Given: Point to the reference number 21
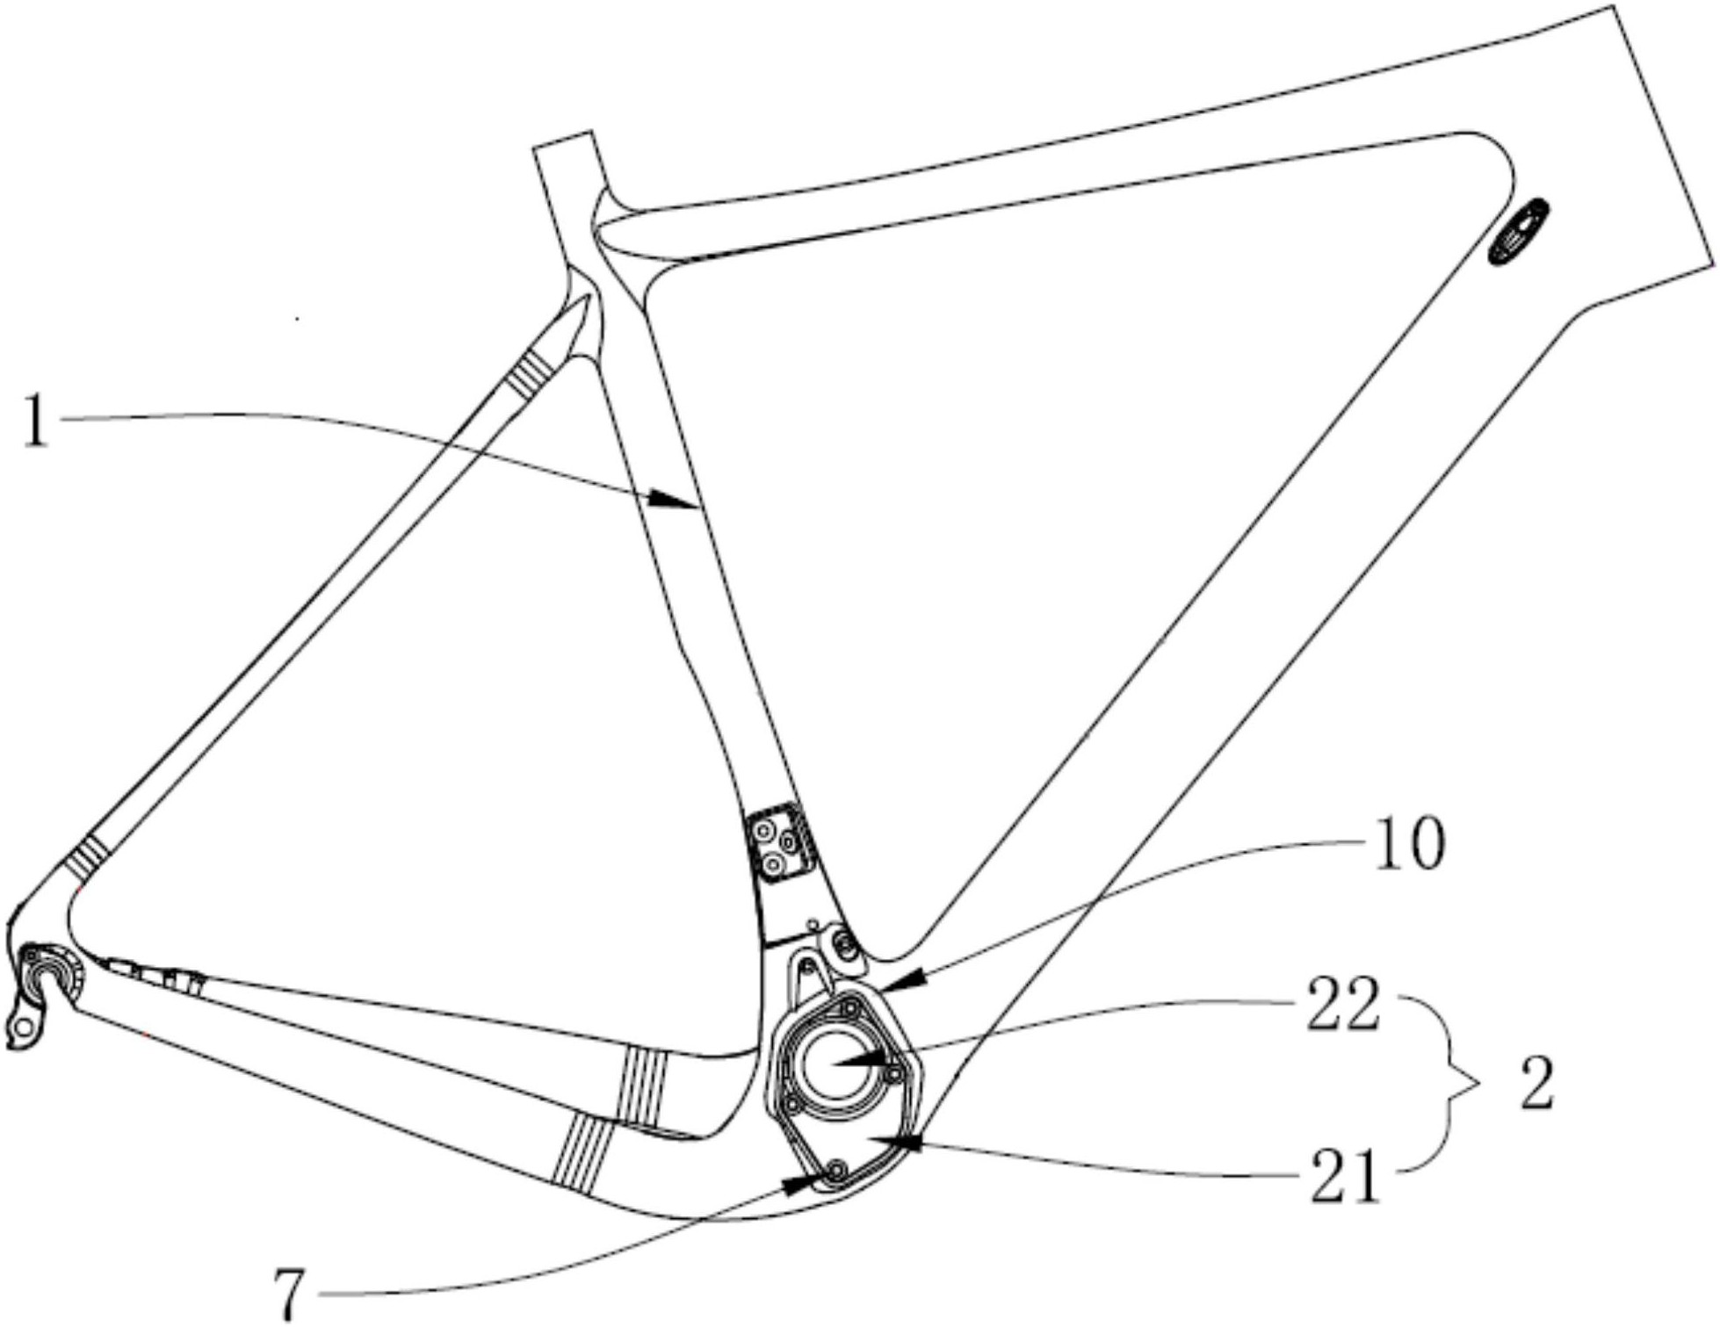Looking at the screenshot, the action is point(1347,1176).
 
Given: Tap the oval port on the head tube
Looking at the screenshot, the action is point(1519,232).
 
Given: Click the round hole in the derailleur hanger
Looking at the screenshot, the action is point(25,1024).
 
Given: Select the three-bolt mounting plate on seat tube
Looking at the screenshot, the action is point(779,841).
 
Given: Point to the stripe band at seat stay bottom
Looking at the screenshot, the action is point(85,858).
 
